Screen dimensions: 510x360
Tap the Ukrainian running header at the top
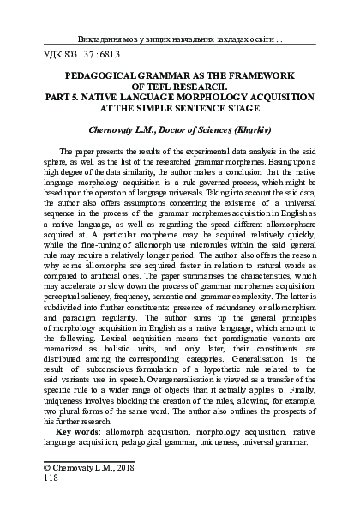186,39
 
